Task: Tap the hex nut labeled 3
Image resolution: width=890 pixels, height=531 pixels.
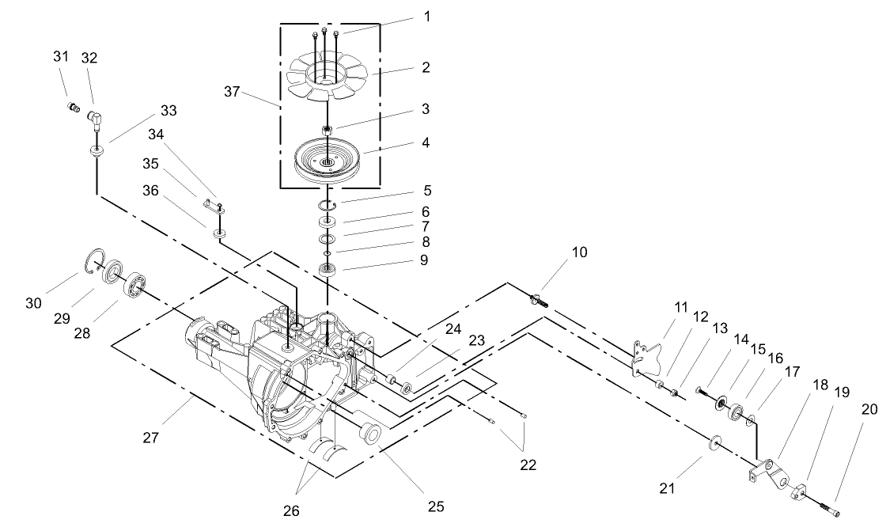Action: pos(326,129)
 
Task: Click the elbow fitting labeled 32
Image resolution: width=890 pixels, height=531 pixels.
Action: pos(94,120)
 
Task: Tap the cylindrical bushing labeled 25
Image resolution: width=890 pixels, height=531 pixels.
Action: pos(369,434)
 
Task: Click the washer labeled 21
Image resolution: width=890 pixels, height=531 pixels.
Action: pos(714,442)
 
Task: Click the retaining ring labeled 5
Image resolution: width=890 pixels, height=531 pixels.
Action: pos(327,207)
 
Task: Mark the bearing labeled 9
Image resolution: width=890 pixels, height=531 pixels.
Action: pos(326,270)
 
